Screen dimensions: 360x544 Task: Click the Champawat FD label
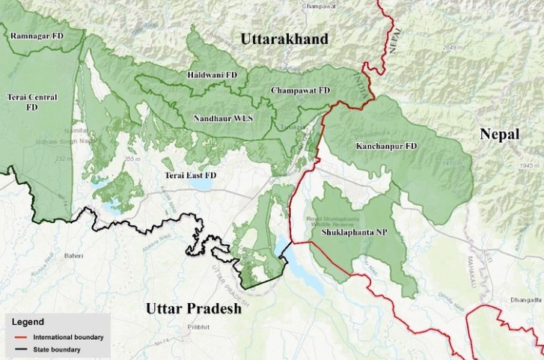(x=301, y=90)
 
